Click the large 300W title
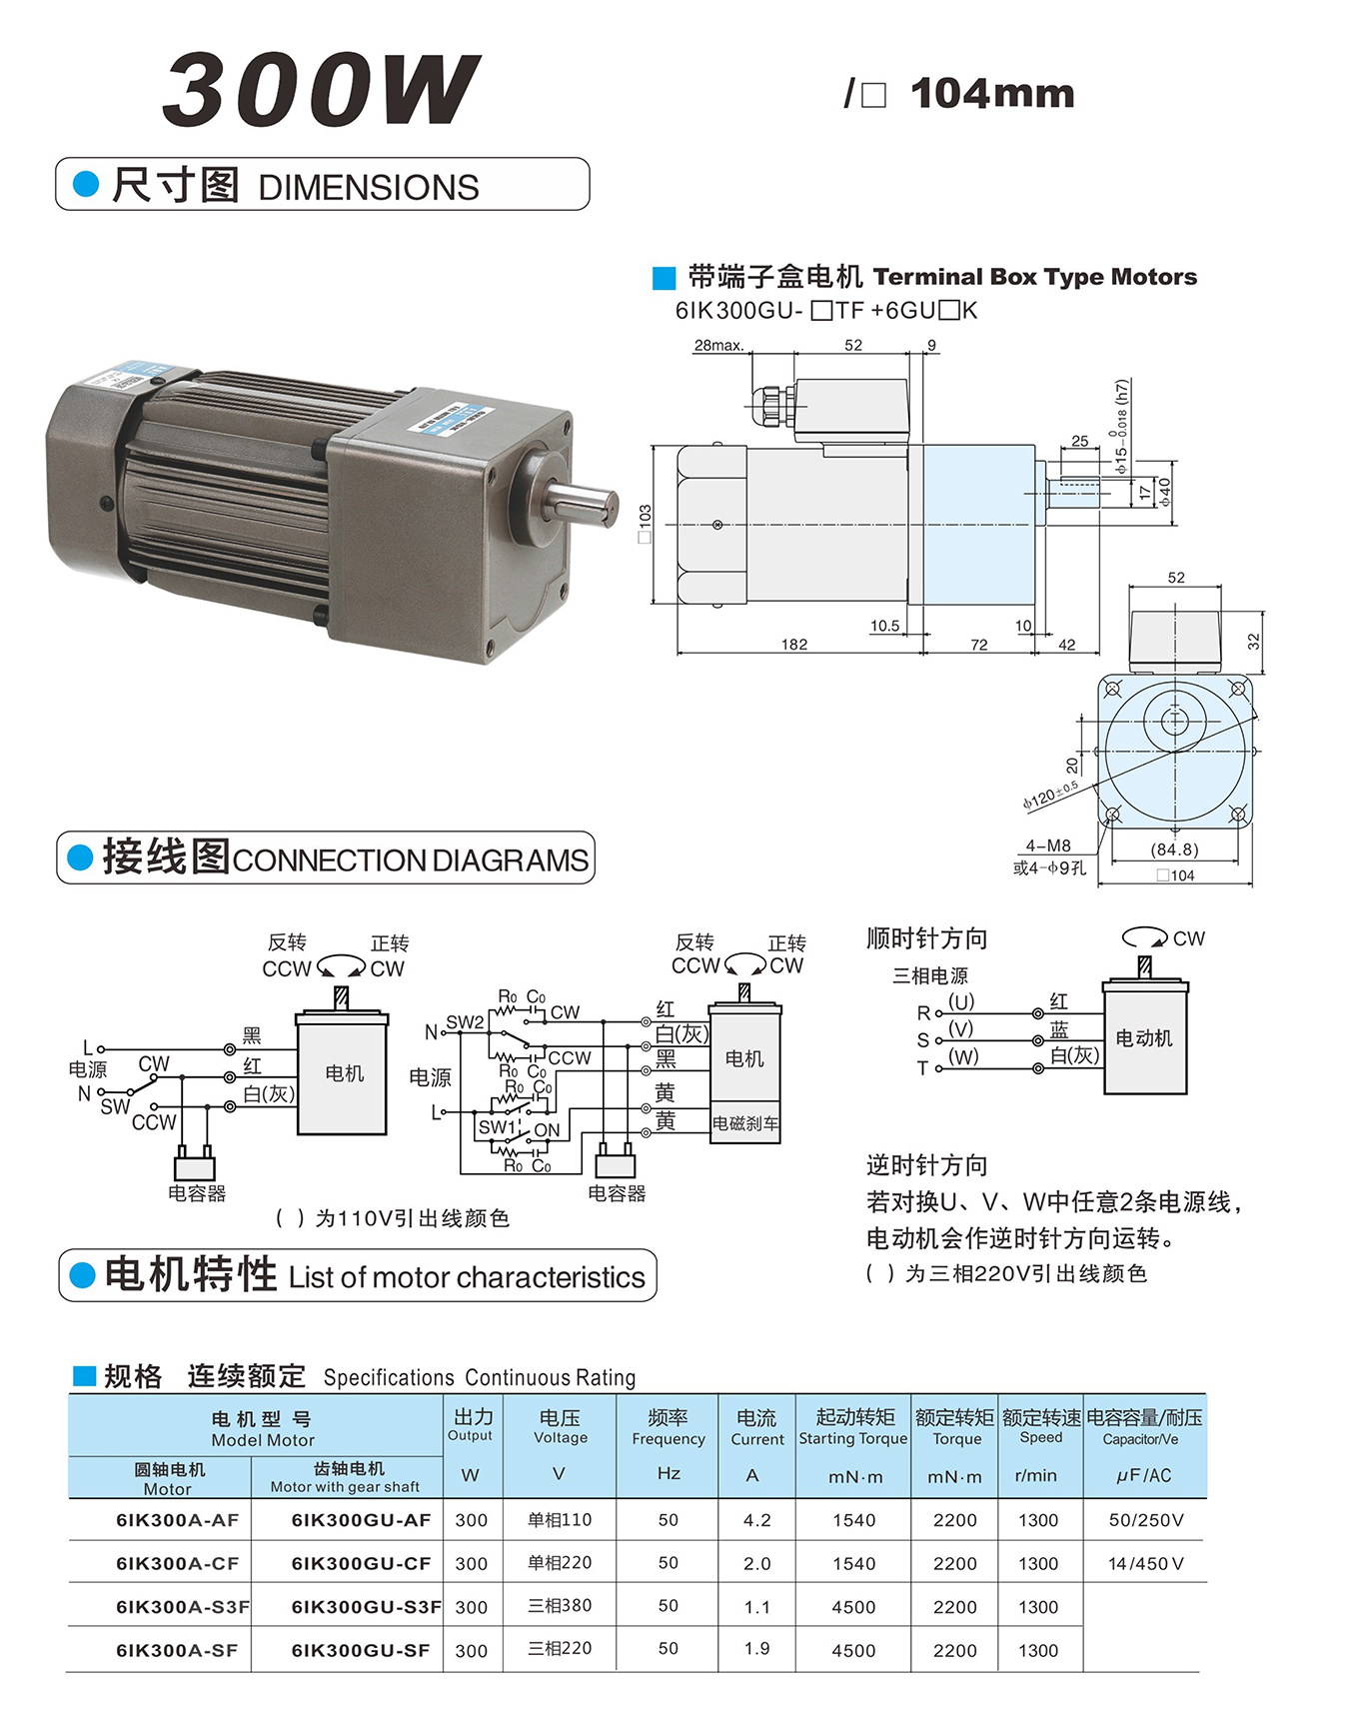321,90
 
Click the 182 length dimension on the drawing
794,645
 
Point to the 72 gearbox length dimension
979,645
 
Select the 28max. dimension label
718,346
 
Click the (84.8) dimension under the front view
1174,850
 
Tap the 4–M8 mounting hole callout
1047,846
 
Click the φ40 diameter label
1164,491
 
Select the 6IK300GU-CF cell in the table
361,1563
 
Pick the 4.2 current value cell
756,1520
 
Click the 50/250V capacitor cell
1145,1520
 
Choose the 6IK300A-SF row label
177,1650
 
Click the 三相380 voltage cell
560,1606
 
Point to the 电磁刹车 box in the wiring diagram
744,1123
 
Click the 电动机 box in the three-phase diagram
1144,1038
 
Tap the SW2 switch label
465,1022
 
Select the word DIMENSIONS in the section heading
369,188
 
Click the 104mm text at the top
992,94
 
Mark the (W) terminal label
963,1057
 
